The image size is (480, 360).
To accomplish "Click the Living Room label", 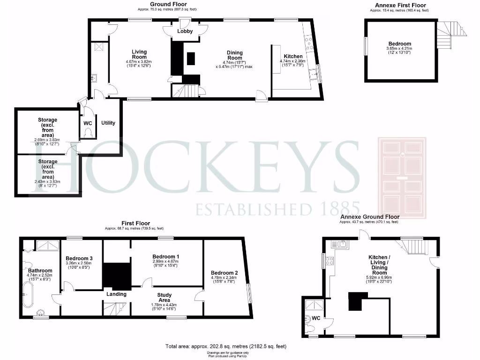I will click(x=139, y=54).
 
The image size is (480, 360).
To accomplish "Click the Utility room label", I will click(x=108, y=123).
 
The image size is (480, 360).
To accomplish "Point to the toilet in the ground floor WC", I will click(x=88, y=133).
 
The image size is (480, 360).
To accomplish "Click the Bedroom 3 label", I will click(x=79, y=258).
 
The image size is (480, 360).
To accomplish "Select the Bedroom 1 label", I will click(x=166, y=256).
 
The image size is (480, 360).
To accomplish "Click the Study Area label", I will click(x=164, y=297).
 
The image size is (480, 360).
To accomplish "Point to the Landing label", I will click(x=116, y=294).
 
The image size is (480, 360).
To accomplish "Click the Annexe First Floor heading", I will click(x=397, y=5).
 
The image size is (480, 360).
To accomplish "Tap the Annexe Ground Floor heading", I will click(x=370, y=217).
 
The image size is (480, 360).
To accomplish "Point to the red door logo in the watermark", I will click(x=402, y=178).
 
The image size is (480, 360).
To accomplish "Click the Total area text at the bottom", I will click(x=225, y=346).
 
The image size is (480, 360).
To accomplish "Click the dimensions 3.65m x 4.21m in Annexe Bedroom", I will click(x=399, y=48).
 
